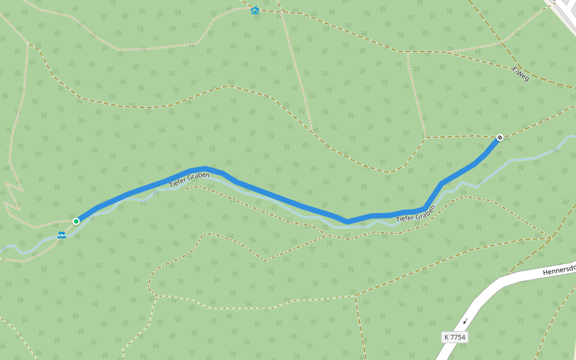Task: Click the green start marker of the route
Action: tap(76, 221)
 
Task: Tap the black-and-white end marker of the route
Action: tap(500, 138)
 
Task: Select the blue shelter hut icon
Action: tap(255, 10)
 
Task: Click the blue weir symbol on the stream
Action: tap(61, 235)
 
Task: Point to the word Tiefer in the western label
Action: tap(178, 181)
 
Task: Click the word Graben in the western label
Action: tap(199, 175)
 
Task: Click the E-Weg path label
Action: tap(520, 73)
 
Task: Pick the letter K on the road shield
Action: tap(447, 337)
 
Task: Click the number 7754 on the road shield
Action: tap(458, 337)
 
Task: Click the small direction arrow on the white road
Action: tap(464, 322)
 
